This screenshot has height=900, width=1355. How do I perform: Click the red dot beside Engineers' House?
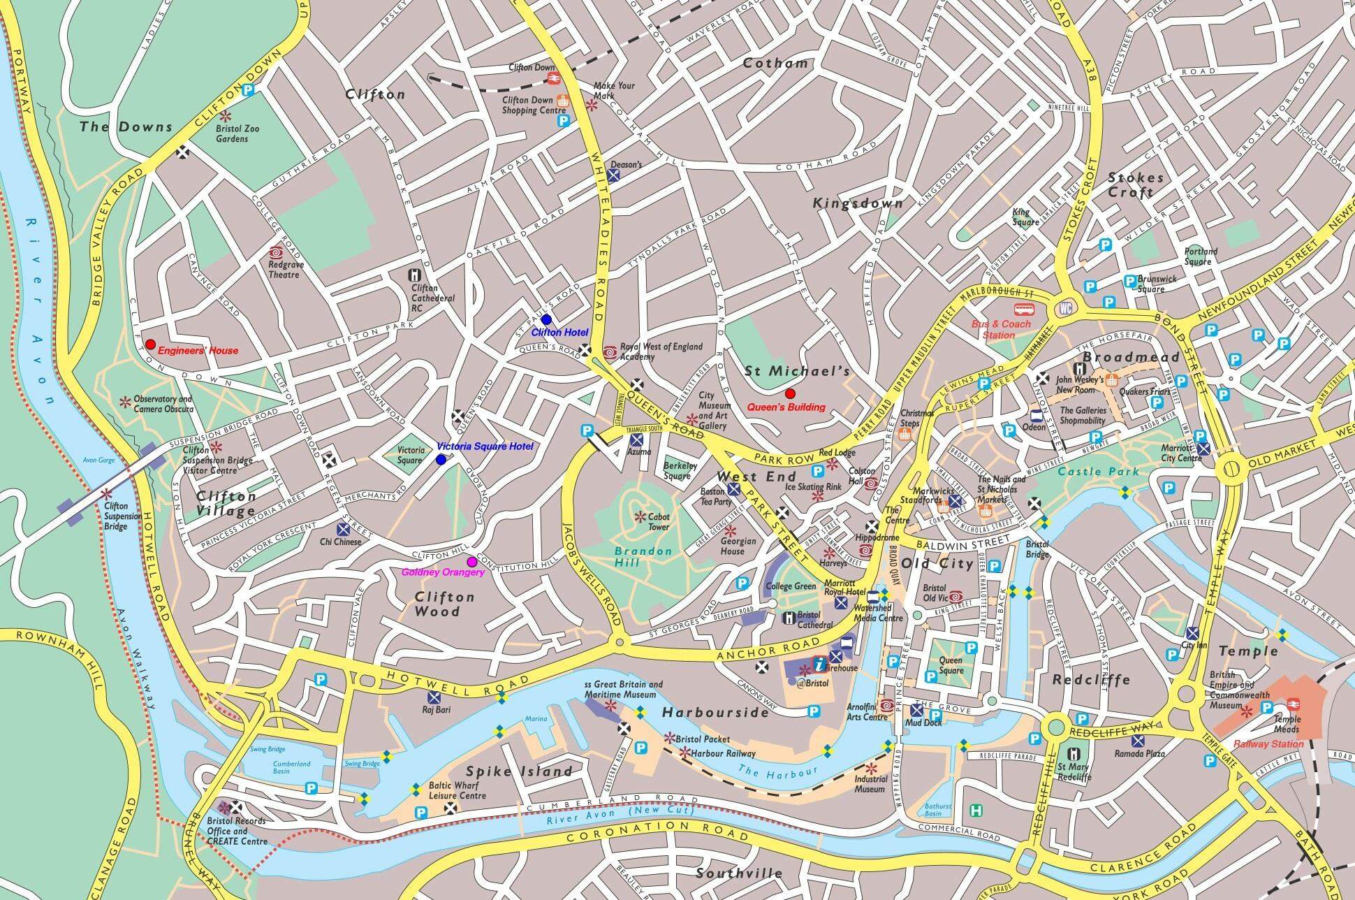tap(150, 344)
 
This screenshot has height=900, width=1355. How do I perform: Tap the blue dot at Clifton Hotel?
tap(546, 319)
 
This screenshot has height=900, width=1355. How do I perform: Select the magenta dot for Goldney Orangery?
tap(472, 561)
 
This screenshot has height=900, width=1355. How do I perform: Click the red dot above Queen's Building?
tap(790, 393)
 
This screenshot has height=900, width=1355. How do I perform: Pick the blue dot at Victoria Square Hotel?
tap(441, 460)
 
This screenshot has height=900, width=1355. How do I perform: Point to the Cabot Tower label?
tap(658, 522)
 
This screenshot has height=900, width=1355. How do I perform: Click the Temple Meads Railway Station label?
tap(1278, 744)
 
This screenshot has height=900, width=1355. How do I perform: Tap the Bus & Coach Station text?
tap(1001, 329)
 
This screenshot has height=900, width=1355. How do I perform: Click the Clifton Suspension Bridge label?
tap(116, 516)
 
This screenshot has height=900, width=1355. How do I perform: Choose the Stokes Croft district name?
tap(1136, 185)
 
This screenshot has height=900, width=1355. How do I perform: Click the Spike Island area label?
tap(519, 771)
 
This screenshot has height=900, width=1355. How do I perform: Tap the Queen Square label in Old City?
tap(950, 665)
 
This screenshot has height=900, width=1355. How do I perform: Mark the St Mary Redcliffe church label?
tap(1074, 772)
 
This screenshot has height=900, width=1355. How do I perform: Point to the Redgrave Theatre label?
tap(284, 270)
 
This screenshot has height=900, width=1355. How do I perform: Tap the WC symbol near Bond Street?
tap(1065, 308)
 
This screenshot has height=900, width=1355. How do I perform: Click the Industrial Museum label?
tap(870, 784)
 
